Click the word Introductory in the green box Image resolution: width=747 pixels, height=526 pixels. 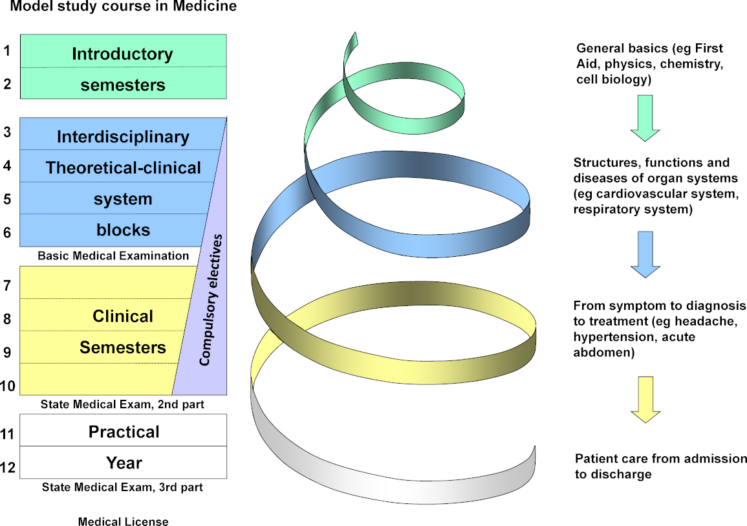pos(122,54)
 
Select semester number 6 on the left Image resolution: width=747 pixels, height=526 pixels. pos(7,232)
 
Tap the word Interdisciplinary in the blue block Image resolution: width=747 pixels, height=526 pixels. pos(123,137)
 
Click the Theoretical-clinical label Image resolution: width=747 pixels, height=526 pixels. pos(123,168)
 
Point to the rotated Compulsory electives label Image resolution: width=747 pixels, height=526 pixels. pos(213,300)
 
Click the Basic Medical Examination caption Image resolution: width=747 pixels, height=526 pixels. pos(113,256)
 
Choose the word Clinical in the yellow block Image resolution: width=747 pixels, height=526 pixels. pos(123,316)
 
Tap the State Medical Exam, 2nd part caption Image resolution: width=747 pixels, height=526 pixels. pos(122,405)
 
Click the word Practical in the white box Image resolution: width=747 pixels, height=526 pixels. pos(124,432)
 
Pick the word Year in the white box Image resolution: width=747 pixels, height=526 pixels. pos(124,463)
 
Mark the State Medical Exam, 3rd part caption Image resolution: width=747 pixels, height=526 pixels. pos(122,487)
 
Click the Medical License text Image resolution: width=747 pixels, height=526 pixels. pos(123,521)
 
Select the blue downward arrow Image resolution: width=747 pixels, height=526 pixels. pos(644,254)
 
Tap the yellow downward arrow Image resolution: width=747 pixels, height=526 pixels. pos(644,399)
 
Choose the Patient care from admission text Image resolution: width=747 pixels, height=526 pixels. pos(660,459)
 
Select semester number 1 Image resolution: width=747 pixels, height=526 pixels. pos(7,50)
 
